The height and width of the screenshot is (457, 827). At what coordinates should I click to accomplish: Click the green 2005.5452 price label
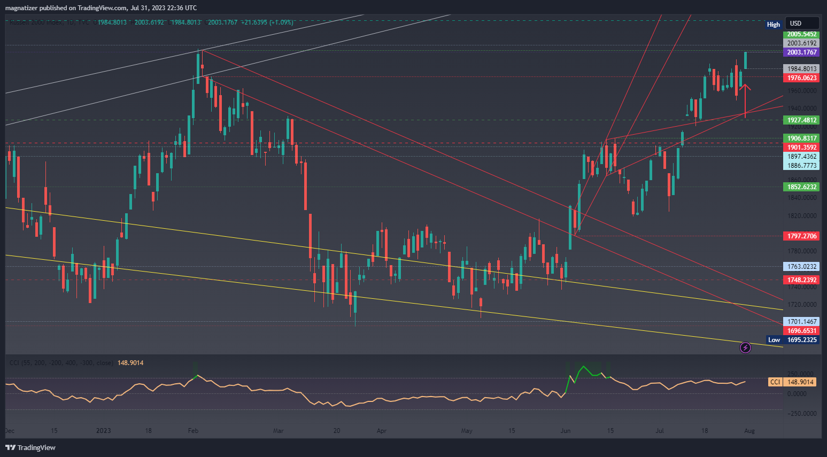point(801,34)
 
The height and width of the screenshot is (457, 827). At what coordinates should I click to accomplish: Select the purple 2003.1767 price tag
point(801,52)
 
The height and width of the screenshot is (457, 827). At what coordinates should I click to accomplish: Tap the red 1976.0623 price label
point(801,78)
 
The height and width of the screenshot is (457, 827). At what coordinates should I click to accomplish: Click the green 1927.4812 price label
point(801,120)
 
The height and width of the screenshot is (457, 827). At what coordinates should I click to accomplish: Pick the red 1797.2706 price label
point(801,236)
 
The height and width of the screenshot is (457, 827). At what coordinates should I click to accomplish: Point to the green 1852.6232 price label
point(801,187)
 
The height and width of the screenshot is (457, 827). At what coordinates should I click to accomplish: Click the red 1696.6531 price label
point(801,331)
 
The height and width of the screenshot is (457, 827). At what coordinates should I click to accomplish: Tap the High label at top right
point(773,25)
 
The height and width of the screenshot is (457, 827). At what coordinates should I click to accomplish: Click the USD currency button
point(796,24)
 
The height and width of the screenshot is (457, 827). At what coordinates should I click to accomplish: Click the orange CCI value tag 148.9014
point(800,382)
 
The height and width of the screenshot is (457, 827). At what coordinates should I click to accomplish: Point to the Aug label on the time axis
point(749,431)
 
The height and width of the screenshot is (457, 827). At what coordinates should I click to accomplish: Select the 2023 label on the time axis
point(103,431)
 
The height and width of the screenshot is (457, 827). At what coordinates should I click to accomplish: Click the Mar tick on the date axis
point(278,431)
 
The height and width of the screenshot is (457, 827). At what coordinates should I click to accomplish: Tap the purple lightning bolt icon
point(745,348)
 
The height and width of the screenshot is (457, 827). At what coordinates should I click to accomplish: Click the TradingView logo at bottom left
point(30,447)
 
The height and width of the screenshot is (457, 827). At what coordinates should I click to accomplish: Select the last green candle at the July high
point(745,60)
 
